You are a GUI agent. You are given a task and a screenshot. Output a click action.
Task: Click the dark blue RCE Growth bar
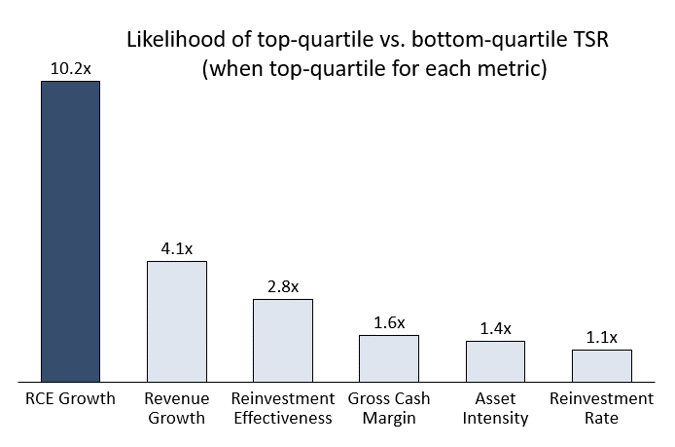71,232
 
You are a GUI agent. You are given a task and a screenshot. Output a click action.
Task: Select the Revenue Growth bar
177,321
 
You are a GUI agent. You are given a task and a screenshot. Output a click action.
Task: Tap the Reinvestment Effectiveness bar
283,341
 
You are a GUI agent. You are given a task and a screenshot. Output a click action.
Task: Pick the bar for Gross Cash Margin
389,358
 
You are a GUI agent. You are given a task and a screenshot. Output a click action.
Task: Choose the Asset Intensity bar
495,361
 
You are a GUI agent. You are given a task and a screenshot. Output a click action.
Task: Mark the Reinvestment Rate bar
602,366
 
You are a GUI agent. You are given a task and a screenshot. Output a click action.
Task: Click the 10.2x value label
71,68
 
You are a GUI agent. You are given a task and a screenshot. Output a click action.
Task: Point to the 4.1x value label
177,248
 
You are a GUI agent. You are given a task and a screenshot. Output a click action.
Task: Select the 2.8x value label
283,286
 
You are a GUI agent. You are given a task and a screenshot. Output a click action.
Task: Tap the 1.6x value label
389,323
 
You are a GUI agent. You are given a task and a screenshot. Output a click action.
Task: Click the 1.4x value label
495,329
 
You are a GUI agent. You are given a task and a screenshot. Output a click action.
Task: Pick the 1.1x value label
602,338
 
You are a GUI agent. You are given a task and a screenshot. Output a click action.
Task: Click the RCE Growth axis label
71,398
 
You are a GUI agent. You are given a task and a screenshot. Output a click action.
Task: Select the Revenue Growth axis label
177,408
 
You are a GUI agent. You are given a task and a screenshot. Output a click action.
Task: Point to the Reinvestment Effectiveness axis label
283,408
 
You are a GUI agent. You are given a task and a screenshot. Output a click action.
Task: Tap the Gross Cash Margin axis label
389,408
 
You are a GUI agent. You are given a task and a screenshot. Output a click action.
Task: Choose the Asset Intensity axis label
495,408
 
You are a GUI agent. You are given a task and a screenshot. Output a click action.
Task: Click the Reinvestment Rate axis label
602,408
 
